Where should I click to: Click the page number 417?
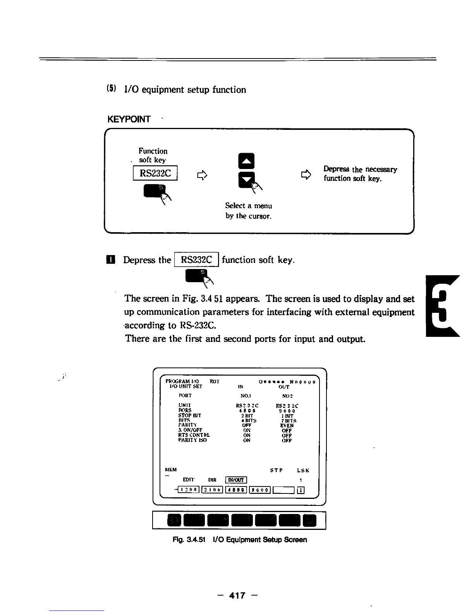pyautogui.click(x=237, y=595)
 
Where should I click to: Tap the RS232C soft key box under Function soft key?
pyautogui.click(x=155, y=173)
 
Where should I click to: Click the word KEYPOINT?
pyautogui.click(x=129, y=119)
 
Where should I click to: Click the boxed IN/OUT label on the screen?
pyautogui.click(x=236, y=480)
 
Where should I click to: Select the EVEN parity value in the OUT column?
pyautogui.click(x=287, y=425)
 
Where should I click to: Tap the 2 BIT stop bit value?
pyautogui.click(x=247, y=416)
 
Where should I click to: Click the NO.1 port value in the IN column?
pyautogui.click(x=246, y=396)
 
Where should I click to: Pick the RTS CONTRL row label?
pyautogui.click(x=194, y=435)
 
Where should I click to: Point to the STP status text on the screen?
pyautogui.click(x=276, y=471)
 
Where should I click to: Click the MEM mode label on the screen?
pyautogui.click(x=171, y=470)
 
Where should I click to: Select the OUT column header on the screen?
pyautogui.click(x=284, y=387)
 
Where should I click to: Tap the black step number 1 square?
pyautogui.click(x=112, y=260)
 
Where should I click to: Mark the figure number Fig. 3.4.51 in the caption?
pyautogui.click(x=189, y=540)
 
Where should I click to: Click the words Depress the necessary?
pyautogui.click(x=360, y=169)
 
